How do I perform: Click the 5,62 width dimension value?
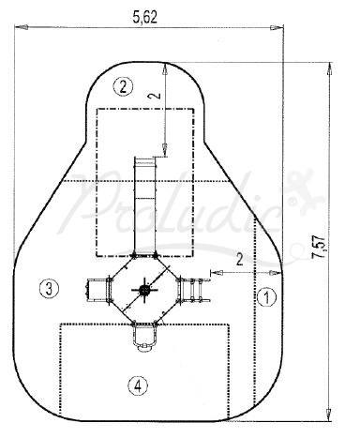[144, 17]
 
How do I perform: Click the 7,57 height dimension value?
[320, 247]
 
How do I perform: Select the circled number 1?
[266, 297]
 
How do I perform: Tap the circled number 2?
[123, 86]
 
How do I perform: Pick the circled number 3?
[49, 288]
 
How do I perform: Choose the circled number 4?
[138, 386]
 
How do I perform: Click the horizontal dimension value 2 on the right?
[239, 259]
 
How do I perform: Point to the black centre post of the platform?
[144, 290]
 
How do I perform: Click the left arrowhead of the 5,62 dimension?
[22, 27]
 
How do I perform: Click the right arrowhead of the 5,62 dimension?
[277, 27]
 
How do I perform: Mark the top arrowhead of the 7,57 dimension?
[329, 68]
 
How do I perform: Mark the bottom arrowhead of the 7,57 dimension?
[328, 415]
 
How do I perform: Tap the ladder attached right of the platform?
[194, 290]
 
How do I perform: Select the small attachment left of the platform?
[97, 290]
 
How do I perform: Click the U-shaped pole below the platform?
[144, 336]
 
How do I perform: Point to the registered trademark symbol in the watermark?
[292, 203]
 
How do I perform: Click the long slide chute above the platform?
[144, 206]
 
